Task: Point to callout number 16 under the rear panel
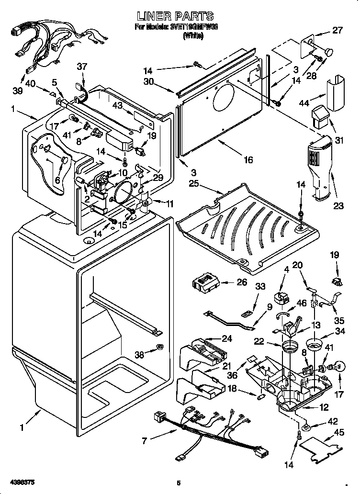(247, 160)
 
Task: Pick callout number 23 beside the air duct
(338, 206)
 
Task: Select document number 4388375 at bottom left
(20, 481)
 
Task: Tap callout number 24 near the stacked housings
(226, 339)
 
